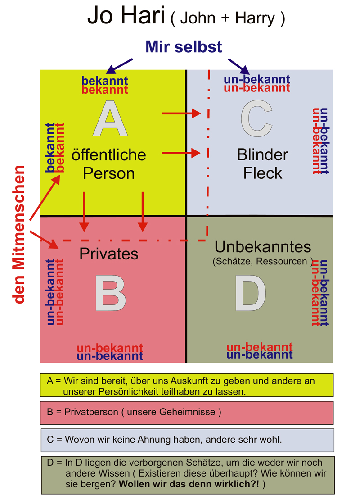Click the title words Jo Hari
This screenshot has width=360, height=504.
[126, 16]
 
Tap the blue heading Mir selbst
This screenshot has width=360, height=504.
[184, 46]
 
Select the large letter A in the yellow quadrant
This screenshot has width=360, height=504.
[110, 118]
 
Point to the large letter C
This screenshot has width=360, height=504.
[256, 118]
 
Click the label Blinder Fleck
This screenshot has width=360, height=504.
[262, 164]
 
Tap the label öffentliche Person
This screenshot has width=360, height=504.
[109, 164]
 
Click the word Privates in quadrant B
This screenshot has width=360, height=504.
[108, 254]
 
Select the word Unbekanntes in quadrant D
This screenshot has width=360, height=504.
[263, 247]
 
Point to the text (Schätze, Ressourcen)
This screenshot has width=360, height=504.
[263, 261]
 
